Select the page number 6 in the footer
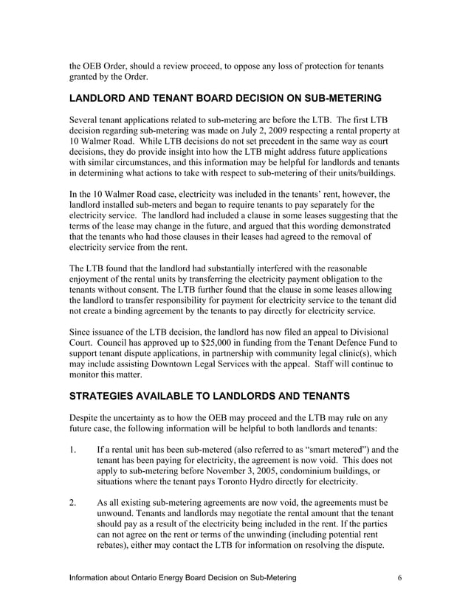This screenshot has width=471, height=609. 399,577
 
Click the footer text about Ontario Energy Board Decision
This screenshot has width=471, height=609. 183,577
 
